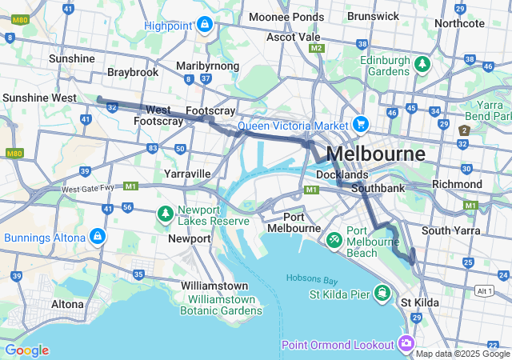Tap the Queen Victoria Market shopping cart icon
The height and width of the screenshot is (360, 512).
click(361, 125)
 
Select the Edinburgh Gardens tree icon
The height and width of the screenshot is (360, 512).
click(422, 63)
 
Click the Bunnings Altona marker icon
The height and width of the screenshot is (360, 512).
click(97, 237)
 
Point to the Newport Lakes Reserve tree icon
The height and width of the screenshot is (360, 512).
click(165, 214)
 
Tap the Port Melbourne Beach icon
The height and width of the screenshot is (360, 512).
click(334, 238)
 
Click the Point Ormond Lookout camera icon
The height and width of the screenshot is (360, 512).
click(406, 344)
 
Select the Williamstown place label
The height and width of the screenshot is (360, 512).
click(214, 286)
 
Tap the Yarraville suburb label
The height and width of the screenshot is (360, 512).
click(186, 173)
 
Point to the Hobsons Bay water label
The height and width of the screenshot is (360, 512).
click(311, 279)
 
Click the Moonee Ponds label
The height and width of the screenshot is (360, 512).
click(286, 16)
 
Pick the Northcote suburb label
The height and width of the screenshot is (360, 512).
click(459, 23)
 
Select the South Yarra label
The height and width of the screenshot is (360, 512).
click(450, 230)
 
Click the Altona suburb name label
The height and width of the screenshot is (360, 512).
click(67, 304)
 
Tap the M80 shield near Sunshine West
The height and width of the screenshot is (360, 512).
click(14, 153)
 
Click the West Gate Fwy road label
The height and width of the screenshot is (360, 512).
click(88, 189)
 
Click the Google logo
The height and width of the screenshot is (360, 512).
click(26, 350)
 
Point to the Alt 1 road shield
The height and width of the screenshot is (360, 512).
click(485, 290)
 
